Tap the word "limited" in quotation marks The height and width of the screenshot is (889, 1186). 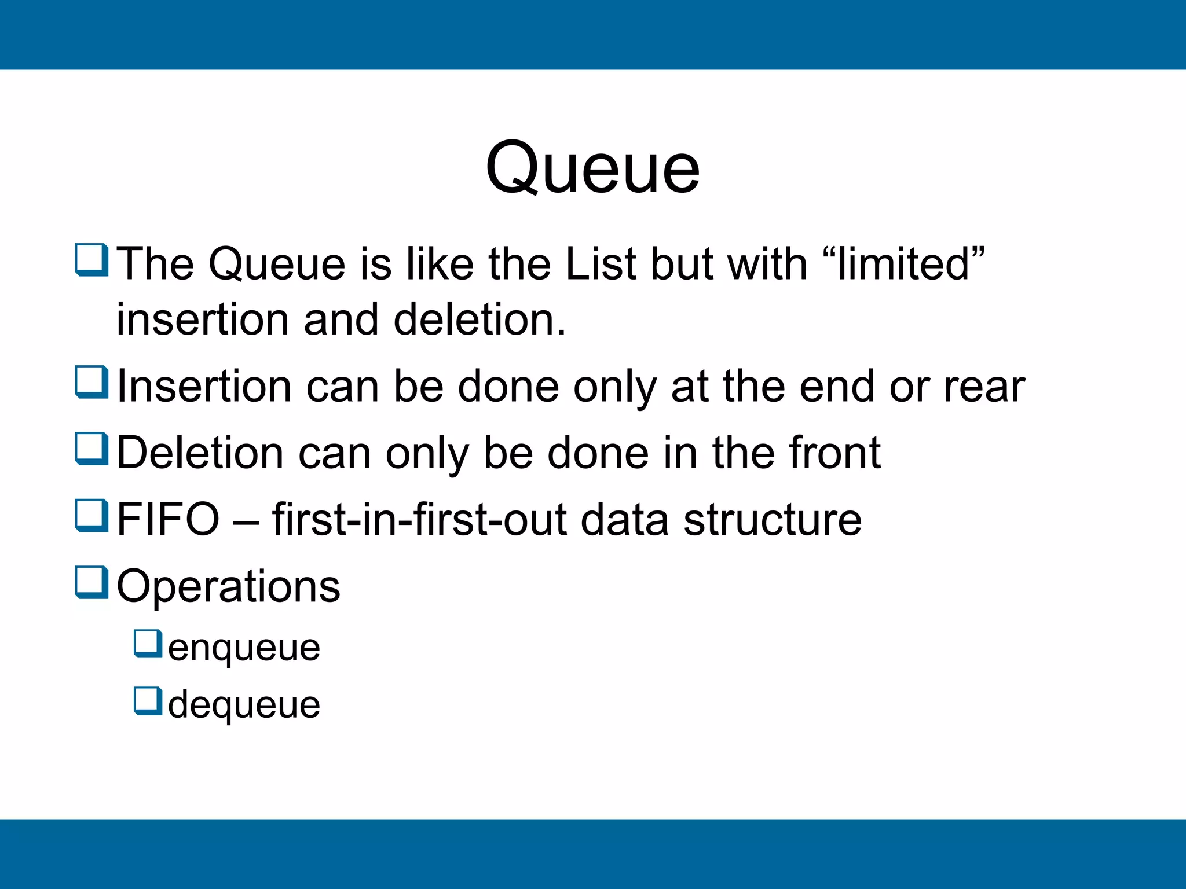tap(903, 264)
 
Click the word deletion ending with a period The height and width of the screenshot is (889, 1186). tap(479, 319)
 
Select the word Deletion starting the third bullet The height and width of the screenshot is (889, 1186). tap(200, 453)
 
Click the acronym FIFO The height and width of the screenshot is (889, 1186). tap(168, 519)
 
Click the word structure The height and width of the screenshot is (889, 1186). tap(773, 519)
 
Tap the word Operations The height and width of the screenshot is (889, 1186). tap(228, 586)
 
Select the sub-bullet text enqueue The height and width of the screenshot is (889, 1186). tap(244, 648)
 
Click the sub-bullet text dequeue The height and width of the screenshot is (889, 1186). tap(244, 705)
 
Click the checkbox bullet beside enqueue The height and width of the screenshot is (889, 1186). tap(148, 644)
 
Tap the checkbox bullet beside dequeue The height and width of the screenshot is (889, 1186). tap(148, 701)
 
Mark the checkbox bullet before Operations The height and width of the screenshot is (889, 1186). tap(91, 582)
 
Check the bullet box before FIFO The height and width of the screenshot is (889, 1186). tap(91, 515)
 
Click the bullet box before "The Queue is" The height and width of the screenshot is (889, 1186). tap(91, 260)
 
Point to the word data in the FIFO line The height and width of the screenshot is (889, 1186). tap(624, 519)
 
